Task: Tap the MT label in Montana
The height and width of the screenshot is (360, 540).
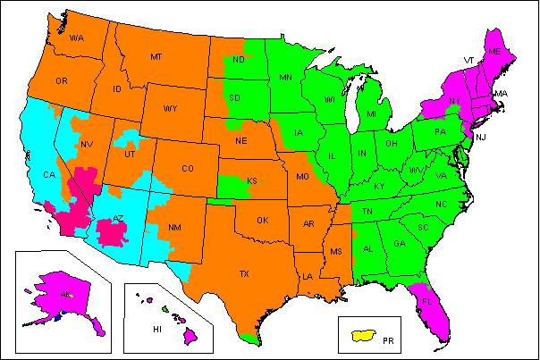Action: (156, 56)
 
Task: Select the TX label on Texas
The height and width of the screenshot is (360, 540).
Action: (243, 274)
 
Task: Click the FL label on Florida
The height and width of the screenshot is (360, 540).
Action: (427, 301)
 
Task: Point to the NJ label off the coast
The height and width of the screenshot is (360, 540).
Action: (480, 137)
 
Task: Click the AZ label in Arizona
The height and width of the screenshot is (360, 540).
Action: (116, 220)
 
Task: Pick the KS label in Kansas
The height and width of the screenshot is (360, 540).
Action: (252, 181)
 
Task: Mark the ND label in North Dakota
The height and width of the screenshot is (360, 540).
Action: (240, 60)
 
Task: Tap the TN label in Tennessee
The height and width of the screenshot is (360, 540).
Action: (367, 212)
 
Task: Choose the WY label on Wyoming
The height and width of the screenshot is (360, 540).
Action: (171, 109)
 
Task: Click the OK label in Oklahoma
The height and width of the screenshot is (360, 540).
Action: (262, 220)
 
